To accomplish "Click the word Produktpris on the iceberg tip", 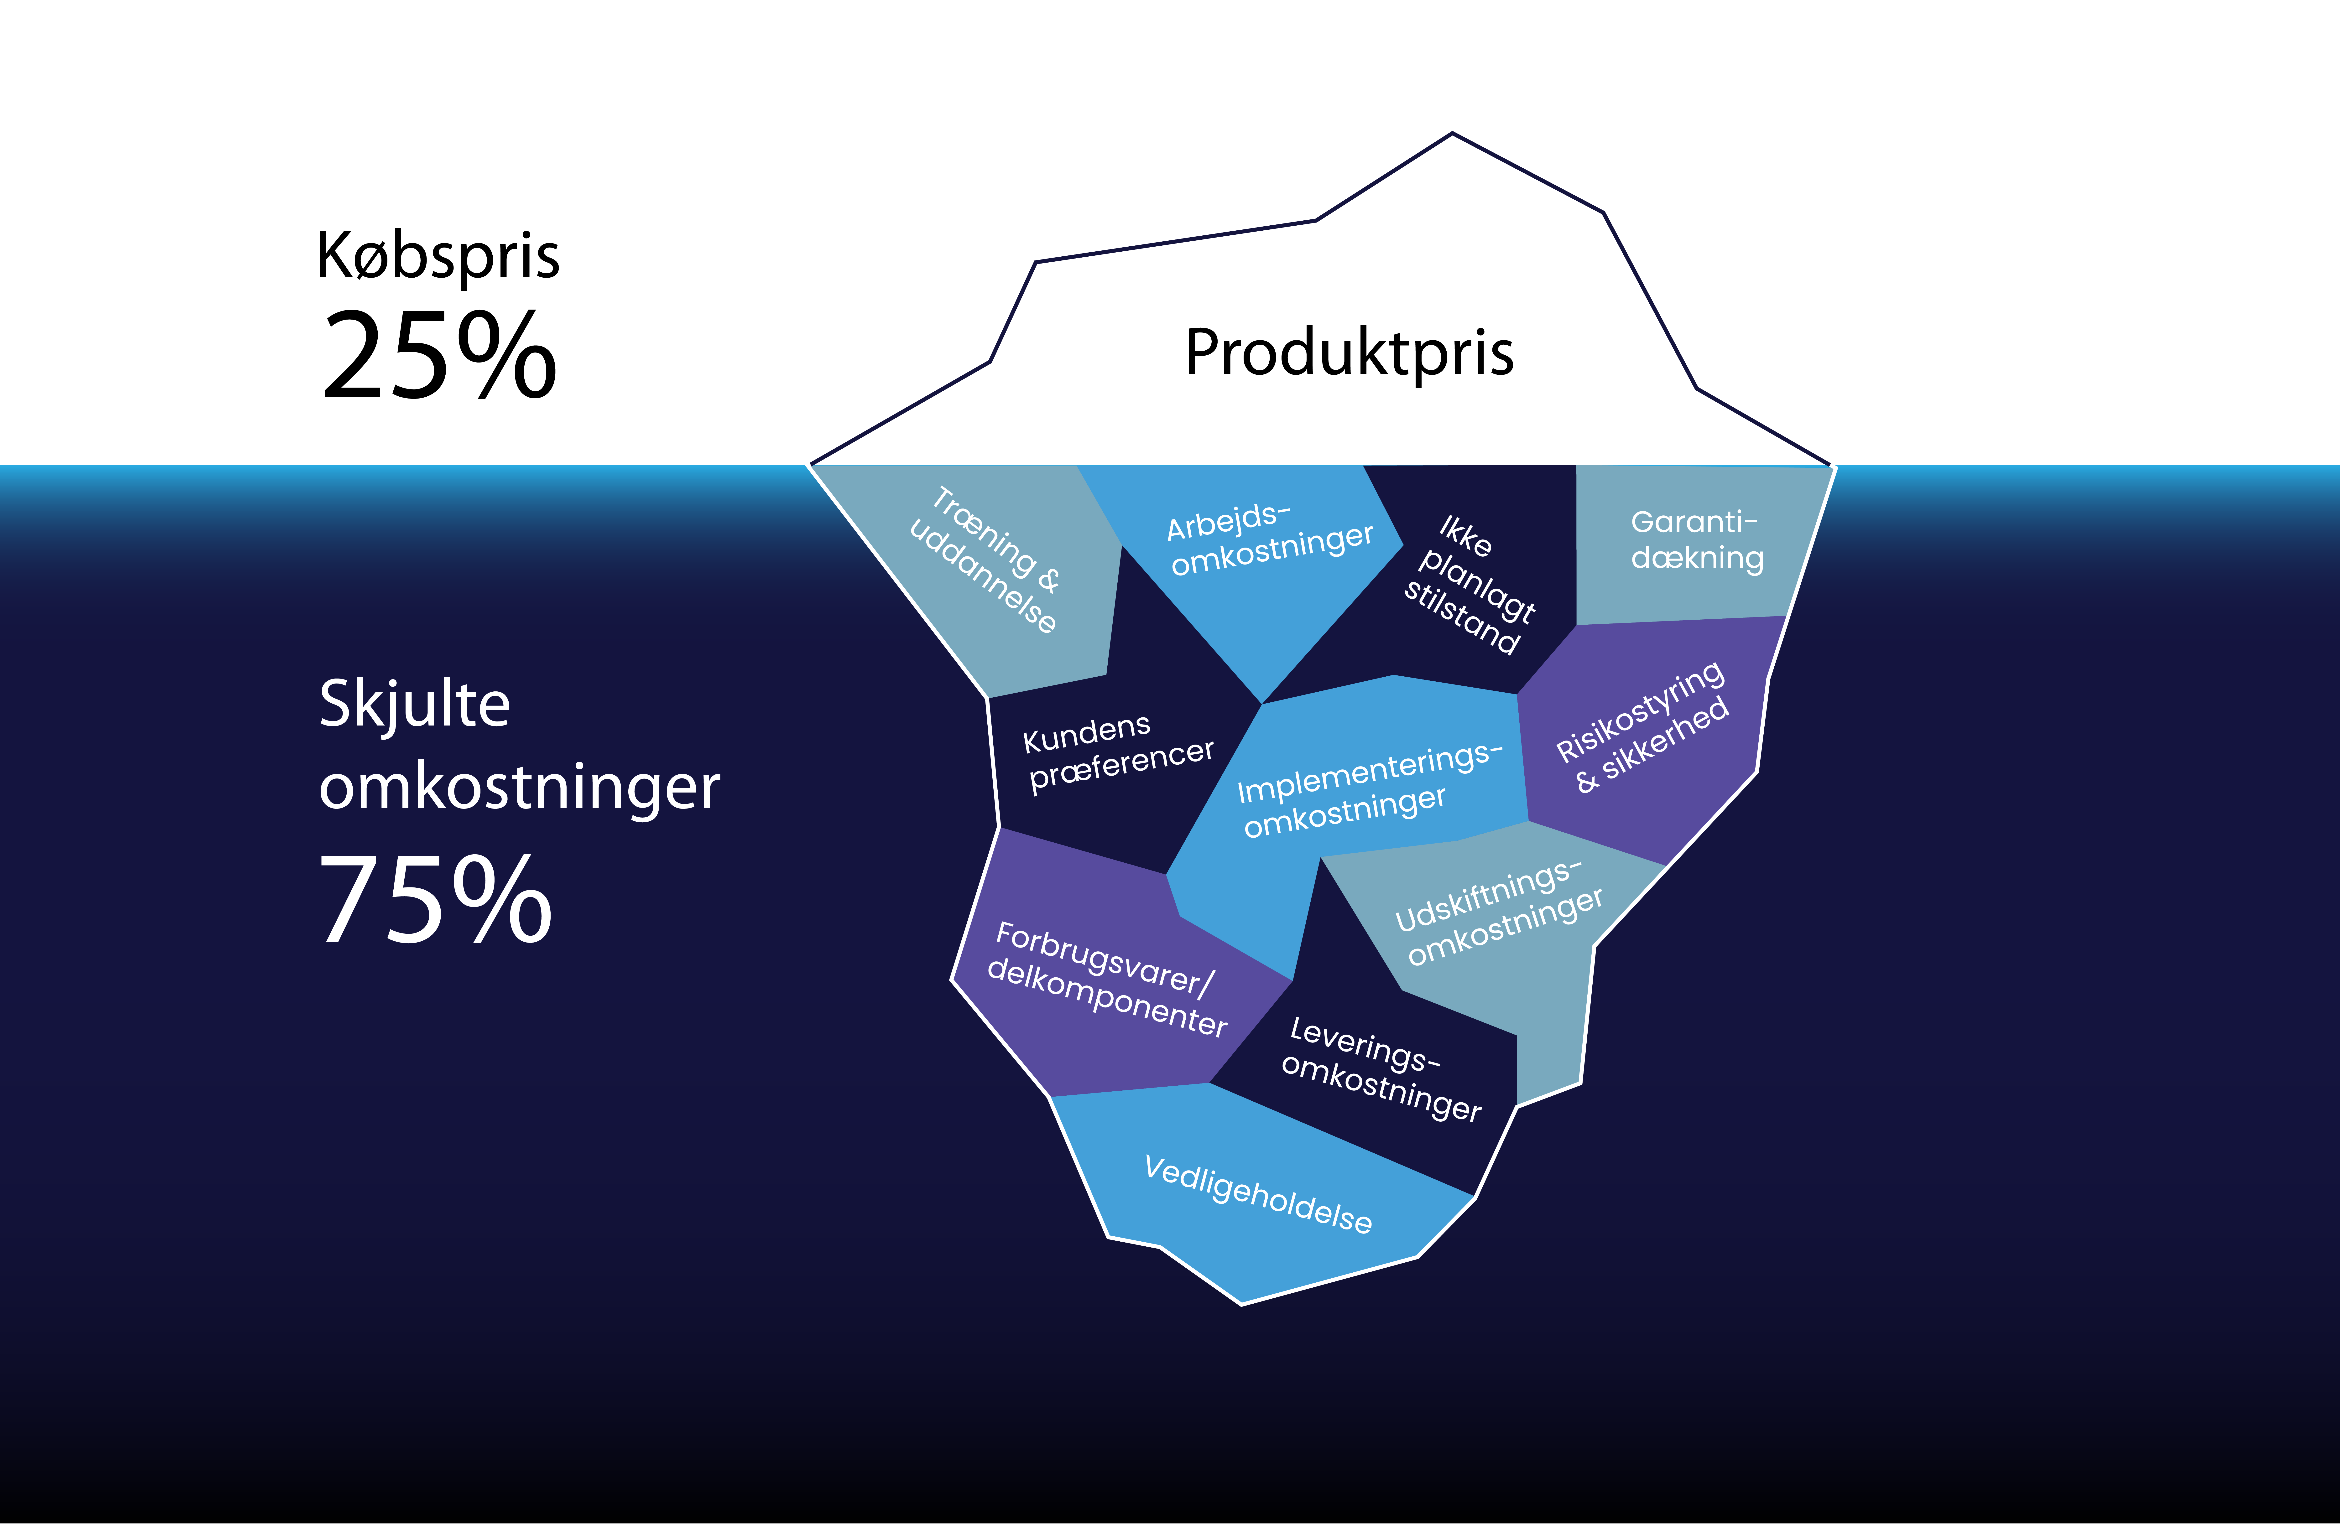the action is [1349, 354].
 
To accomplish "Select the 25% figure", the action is [439, 354].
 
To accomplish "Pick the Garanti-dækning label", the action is [1697, 540].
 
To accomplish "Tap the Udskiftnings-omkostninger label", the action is [1498, 912].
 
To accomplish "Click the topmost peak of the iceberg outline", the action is [1452, 134].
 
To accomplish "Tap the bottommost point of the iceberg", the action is [1241, 1304].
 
